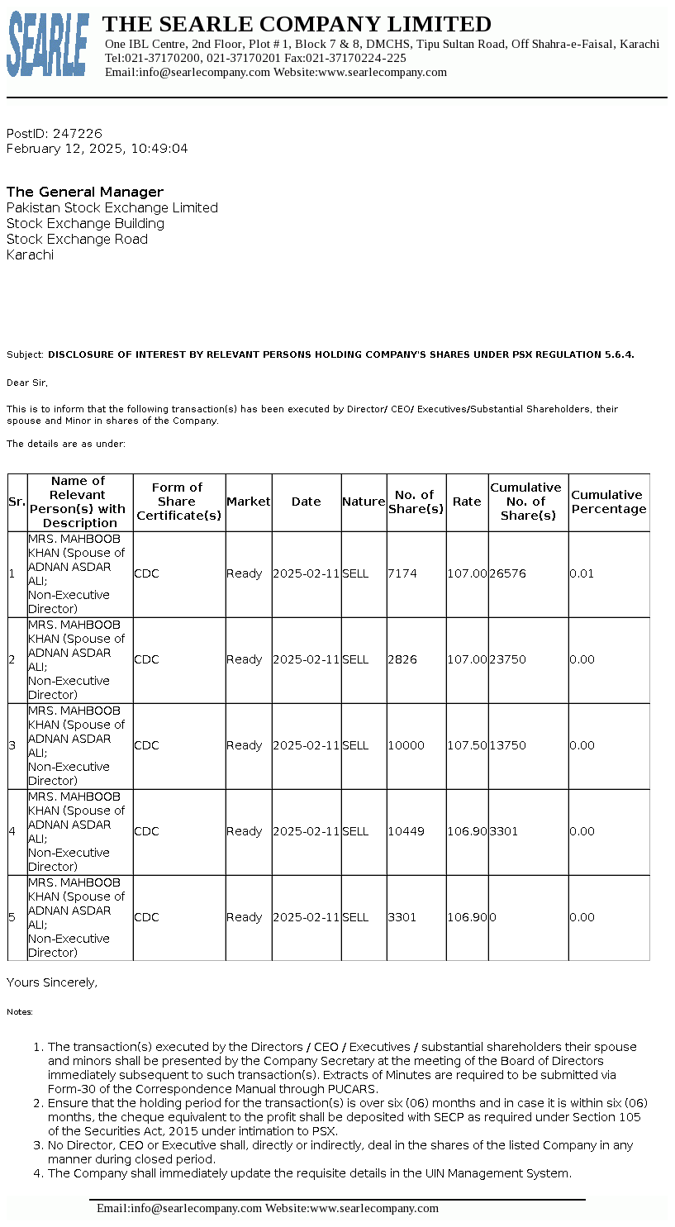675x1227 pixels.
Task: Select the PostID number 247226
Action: (78, 133)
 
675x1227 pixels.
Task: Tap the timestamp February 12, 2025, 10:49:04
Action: (97, 149)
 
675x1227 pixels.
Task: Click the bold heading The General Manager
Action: (85, 192)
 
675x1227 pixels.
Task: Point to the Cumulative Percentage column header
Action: (608, 502)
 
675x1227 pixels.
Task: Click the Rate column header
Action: (467, 502)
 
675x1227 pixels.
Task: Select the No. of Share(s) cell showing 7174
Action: (402, 573)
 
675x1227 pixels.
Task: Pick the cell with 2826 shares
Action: (402, 659)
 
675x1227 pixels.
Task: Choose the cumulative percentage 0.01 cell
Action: (582, 573)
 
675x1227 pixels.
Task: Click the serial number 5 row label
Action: (12, 917)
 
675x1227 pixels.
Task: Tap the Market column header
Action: (248, 502)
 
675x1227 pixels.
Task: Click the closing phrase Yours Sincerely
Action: (52, 982)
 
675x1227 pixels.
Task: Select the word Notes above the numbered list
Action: (19, 1011)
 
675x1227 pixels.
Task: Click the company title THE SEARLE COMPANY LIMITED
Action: (297, 24)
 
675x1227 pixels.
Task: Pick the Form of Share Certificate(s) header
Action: (178, 502)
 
